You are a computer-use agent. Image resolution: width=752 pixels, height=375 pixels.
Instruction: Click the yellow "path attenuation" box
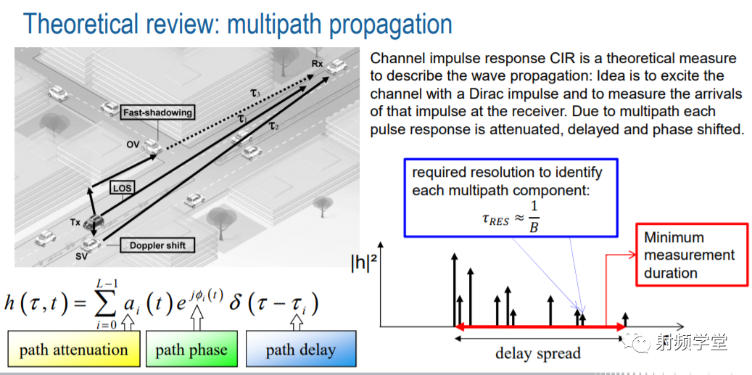(73, 349)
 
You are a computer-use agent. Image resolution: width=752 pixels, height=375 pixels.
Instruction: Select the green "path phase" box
(191, 349)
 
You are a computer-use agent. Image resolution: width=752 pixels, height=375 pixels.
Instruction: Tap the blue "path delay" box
(301, 349)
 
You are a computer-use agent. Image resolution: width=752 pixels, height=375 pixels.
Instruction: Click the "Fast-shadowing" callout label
(157, 113)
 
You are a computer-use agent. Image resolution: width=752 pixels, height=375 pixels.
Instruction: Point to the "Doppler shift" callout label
(157, 246)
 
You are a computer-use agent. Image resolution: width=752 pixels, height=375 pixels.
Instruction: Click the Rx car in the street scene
(337, 66)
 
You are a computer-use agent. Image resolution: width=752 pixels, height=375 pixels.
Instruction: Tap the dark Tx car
(94, 222)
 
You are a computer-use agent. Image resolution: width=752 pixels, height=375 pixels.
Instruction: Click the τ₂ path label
(274, 126)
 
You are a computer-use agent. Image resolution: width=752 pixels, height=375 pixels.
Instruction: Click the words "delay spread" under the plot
(537, 353)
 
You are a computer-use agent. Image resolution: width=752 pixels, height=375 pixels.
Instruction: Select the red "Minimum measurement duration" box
(692, 255)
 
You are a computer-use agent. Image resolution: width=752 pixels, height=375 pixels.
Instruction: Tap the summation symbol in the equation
(107, 303)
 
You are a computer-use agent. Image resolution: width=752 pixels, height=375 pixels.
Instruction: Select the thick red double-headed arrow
(540, 327)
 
